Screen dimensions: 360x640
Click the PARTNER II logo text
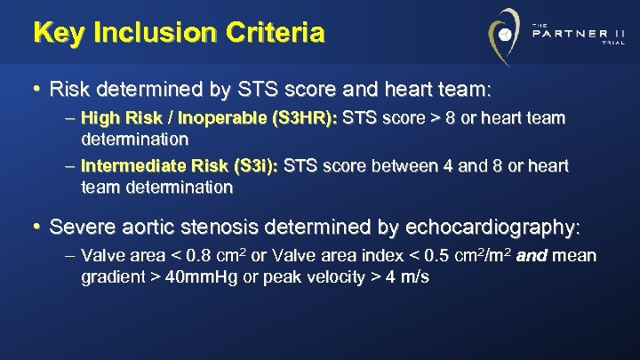[578, 35]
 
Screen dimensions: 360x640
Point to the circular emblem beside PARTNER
[504, 36]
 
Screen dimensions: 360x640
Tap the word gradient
[113, 277]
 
